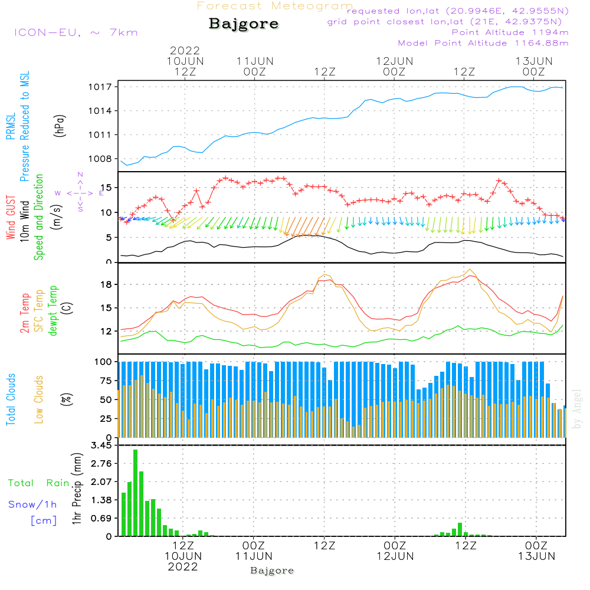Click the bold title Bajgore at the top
coord(244,24)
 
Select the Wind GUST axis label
coord(11,218)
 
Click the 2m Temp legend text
coord(25,312)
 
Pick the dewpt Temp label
coord(53,311)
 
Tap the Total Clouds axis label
coord(11,399)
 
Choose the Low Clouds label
coord(39,399)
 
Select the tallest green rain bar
coord(135,493)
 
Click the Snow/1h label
coord(33,504)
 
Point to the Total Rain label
coord(39,483)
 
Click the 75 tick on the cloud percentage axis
coord(105,381)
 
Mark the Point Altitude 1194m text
coord(510,32)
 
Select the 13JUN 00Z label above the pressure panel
coord(534,66)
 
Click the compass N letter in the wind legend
coord(80,175)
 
